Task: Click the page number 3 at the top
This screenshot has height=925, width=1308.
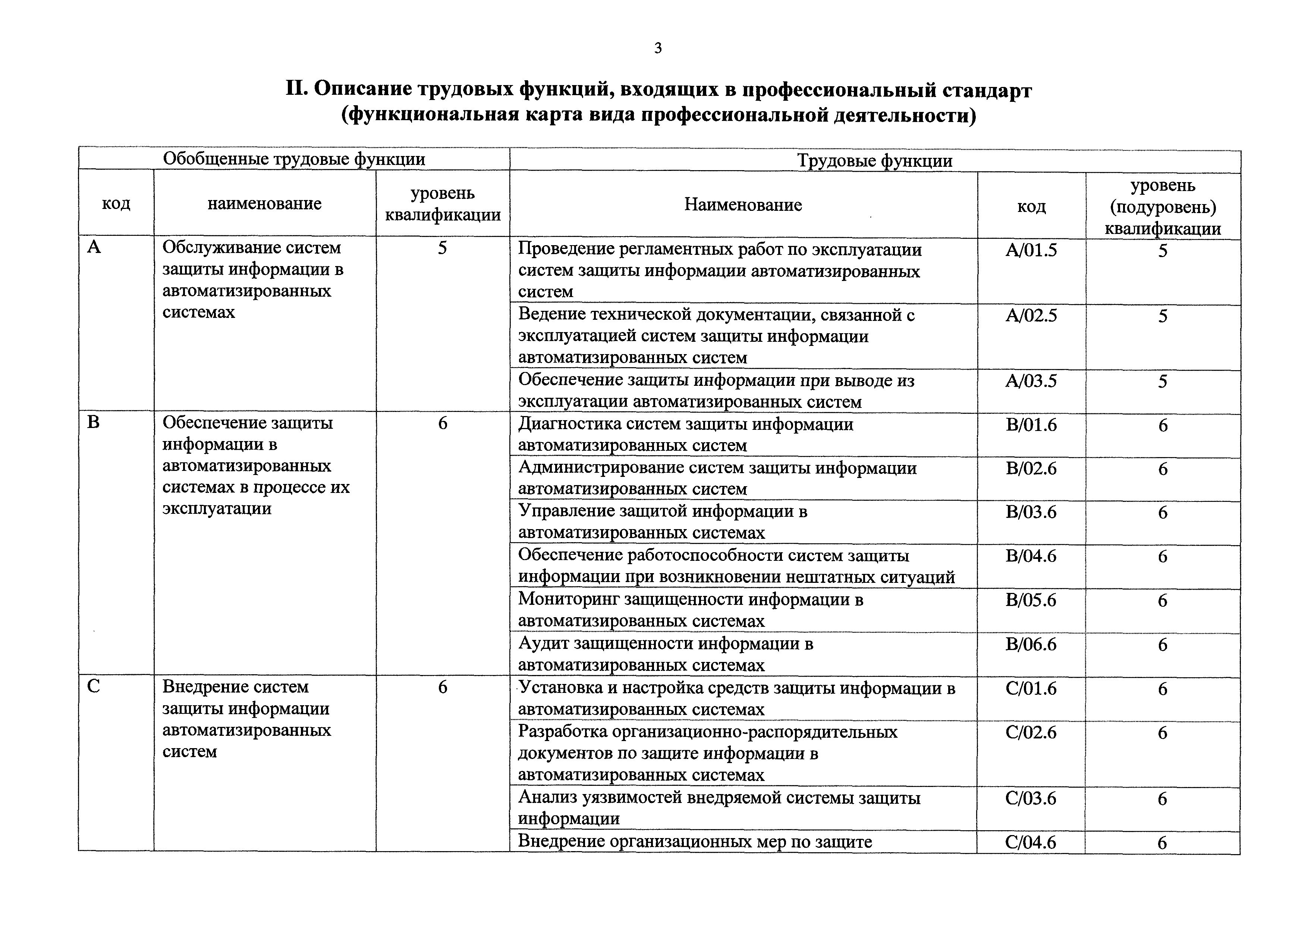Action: click(658, 49)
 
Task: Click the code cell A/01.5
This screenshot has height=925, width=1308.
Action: click(1031, 250)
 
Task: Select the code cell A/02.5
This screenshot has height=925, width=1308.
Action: click(1031, 315)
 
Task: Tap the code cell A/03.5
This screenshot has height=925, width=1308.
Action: click(1031, 381)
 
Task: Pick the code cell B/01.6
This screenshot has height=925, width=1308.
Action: click(1031, 425)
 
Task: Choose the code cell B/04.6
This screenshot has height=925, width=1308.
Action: click(1031, 556)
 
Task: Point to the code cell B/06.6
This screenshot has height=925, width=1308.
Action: click(1031, 644)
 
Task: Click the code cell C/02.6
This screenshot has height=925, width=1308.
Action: click(1031, 732)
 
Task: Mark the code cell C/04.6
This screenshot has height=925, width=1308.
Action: click(1031, 843)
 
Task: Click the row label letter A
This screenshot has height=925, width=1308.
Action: click(94, 247)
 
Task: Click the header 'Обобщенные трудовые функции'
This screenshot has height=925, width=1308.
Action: click(294, 159)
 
